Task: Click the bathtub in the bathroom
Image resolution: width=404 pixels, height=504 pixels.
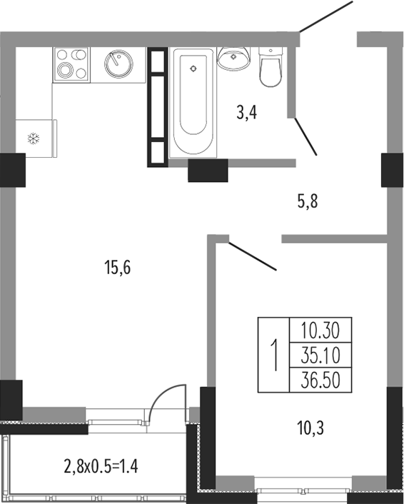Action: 193,103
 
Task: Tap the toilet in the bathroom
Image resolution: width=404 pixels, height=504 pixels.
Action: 271,67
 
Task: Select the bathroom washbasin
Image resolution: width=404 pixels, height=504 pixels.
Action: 233,59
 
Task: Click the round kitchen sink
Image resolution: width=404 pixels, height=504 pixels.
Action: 118,64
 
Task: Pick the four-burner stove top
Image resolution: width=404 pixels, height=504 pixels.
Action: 71,65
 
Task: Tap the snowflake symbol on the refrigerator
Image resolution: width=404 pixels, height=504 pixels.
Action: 34,138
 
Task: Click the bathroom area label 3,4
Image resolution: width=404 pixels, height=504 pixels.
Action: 246,113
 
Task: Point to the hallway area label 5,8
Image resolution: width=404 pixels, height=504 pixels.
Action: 307,202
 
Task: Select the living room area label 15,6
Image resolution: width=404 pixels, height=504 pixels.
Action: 118,268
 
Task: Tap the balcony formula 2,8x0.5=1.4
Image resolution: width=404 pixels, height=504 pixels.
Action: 101,466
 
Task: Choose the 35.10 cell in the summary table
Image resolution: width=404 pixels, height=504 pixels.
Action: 320,356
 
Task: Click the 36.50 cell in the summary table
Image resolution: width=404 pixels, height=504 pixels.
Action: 320,380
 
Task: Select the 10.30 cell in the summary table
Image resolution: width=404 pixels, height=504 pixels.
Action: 320,331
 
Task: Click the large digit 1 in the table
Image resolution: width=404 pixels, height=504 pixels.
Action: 274,356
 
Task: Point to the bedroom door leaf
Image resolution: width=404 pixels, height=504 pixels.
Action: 252,256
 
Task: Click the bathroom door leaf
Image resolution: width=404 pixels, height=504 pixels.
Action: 305,136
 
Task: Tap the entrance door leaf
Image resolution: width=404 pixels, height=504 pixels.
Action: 326,16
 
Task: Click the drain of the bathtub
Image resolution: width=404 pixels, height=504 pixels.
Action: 193,68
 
